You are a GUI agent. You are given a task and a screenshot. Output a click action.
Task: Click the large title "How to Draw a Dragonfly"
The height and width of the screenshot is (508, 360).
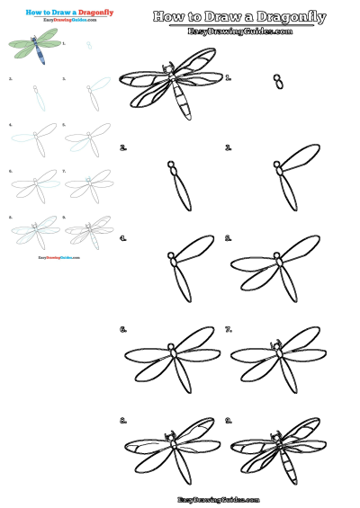(238, 16)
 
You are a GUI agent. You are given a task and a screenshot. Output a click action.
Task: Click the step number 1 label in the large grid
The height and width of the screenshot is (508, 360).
(230, 79)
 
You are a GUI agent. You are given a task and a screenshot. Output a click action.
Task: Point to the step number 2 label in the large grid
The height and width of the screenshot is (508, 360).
(123, 147)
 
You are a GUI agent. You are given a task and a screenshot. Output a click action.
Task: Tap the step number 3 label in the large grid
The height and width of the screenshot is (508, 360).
(229, 147)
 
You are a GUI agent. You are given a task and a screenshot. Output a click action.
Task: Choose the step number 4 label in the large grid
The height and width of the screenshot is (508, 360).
(123, 238)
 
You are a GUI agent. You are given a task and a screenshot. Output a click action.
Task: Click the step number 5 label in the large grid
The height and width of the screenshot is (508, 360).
(229, 238)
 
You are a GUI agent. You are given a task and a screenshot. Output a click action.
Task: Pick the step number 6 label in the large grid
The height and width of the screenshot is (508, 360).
(123, 329)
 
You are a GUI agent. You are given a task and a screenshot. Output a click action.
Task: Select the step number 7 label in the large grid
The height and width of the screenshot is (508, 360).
(229, 329)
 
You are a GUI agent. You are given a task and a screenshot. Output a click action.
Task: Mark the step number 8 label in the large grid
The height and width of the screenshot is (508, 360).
(123, 420)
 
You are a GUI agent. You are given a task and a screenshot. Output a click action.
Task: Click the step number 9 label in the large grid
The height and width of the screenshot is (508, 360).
(229, 420)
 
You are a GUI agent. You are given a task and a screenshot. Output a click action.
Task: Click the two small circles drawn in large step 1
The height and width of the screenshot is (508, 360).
(279, 82)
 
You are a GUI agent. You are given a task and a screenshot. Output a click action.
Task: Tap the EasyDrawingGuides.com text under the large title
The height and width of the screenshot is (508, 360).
(238, 31)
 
